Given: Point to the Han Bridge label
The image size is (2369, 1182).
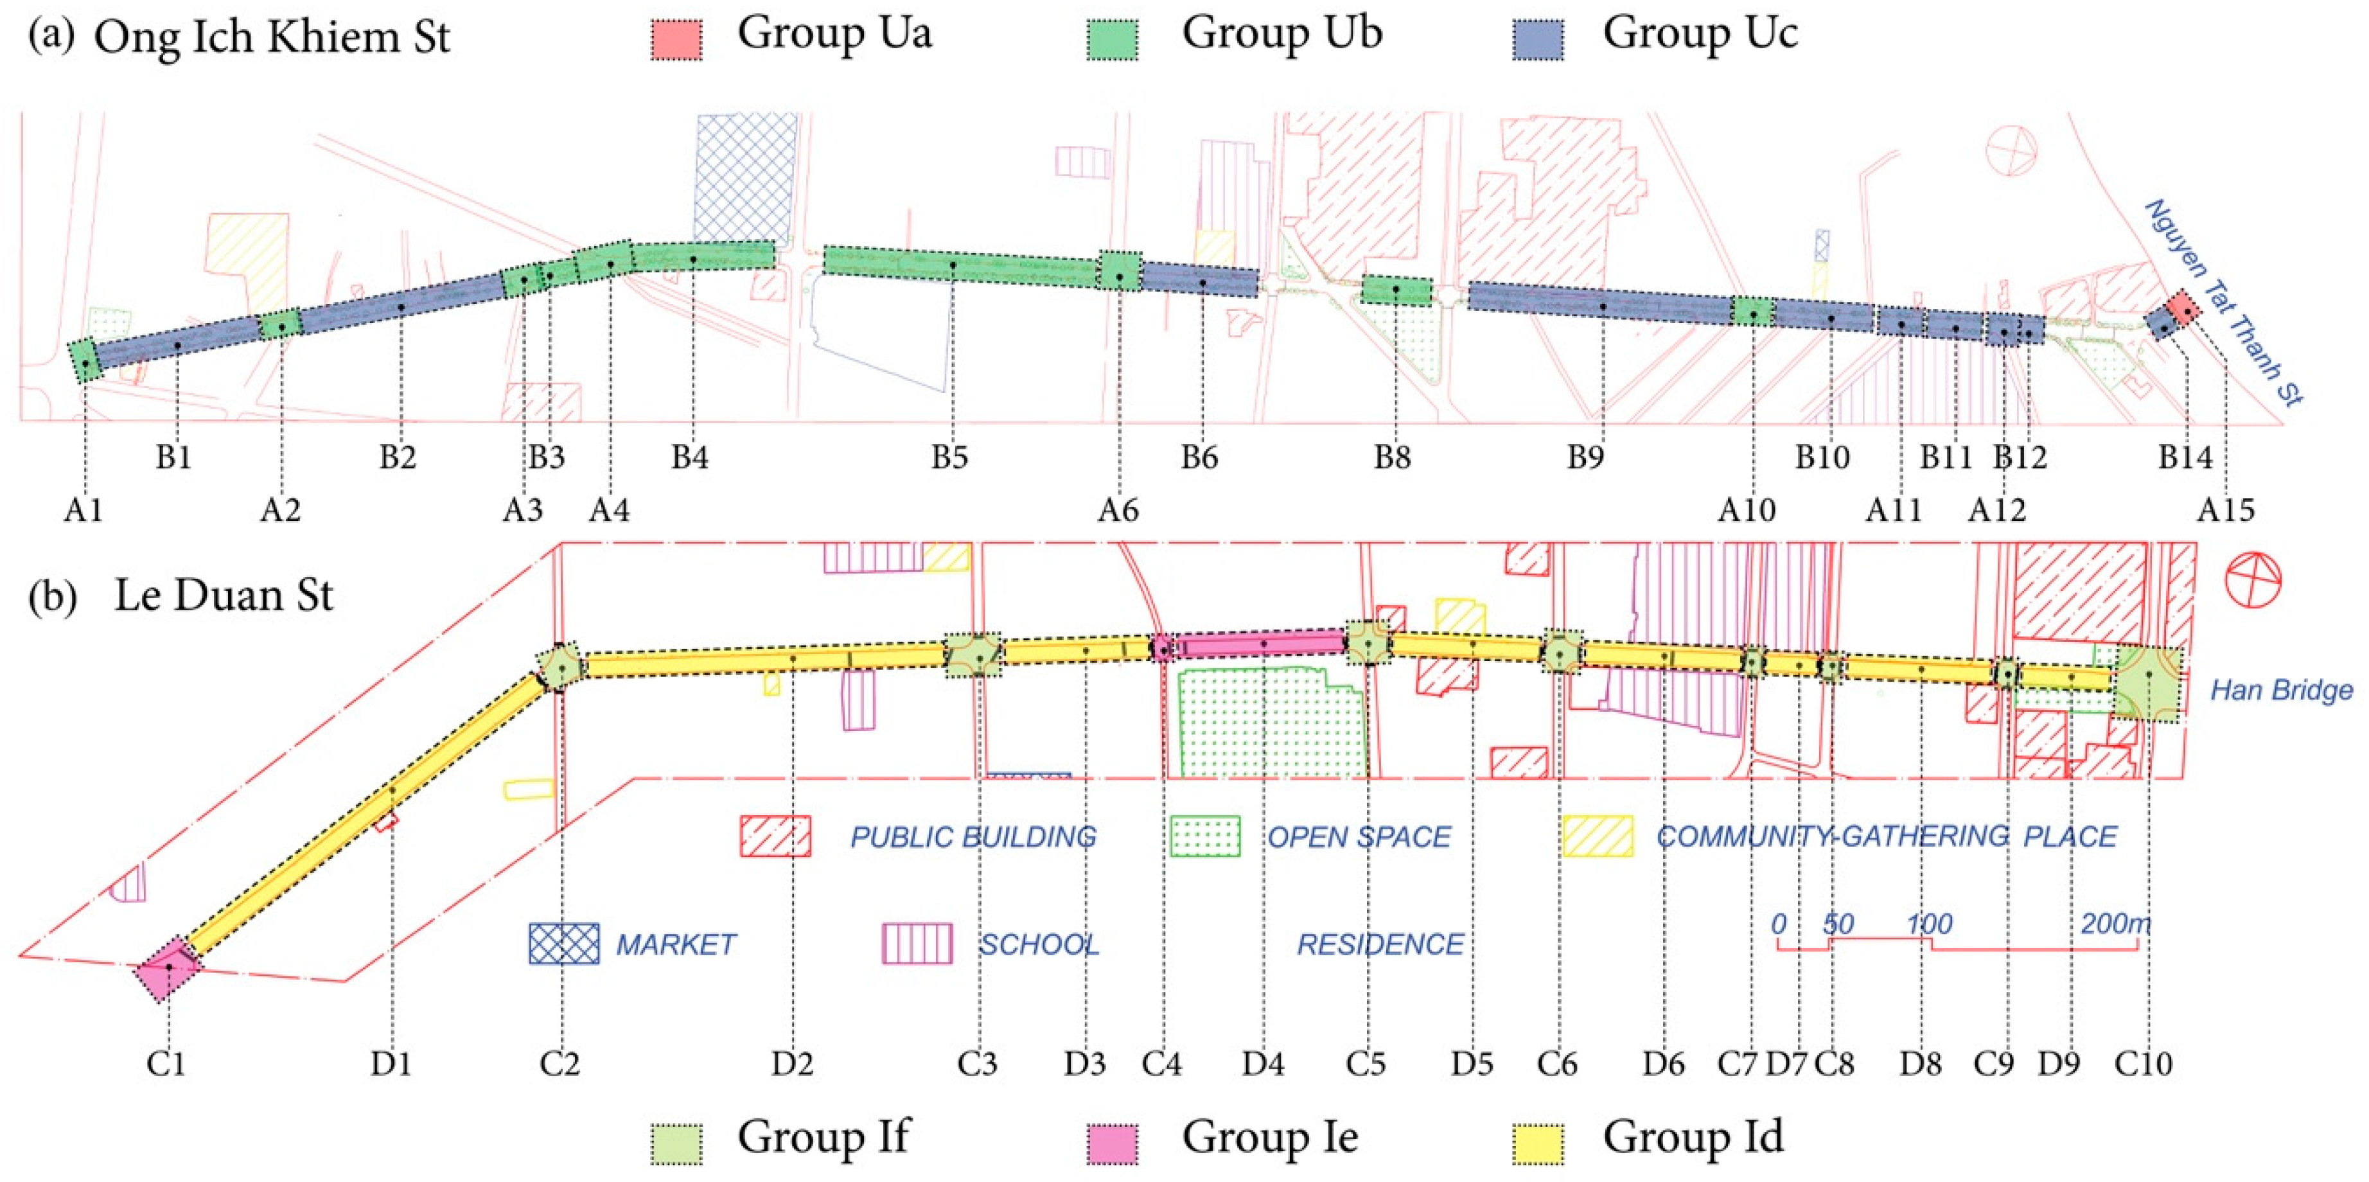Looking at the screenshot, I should click(2282, 690).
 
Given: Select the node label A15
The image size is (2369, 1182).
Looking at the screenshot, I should click(2226, 509).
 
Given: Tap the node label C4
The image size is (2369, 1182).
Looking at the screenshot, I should click(1161, 1063).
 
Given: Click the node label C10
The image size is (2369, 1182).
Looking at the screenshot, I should click(2144, 1063).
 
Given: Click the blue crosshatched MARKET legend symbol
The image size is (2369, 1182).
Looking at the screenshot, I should click(564, 943).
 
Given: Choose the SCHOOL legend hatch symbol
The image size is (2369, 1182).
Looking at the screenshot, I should click(917, 943).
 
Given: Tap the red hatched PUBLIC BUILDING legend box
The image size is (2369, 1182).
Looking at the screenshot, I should click(775, 836).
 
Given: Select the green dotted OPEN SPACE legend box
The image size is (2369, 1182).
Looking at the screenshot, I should click(1204, 836).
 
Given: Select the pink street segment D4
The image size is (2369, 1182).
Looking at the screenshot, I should click(1262, 644).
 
